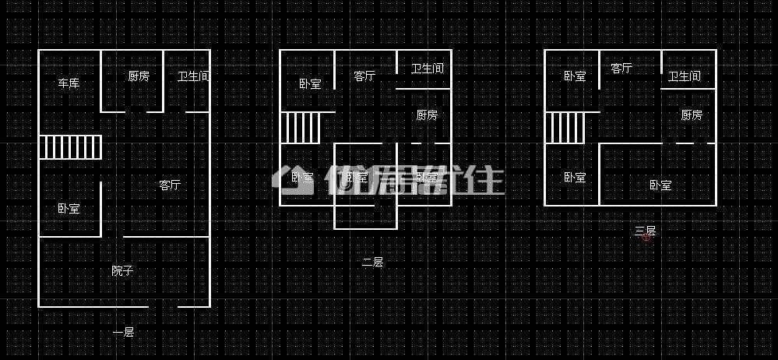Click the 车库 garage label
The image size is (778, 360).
click(69, 83)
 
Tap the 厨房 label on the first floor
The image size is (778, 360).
click(139, 76)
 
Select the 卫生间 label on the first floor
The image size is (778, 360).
click(193, 76)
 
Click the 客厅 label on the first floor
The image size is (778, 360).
click(170, 185)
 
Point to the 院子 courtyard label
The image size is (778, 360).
click(122, 271)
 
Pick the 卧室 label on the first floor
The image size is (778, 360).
click(69, 209)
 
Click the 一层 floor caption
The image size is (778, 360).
click(123, 333)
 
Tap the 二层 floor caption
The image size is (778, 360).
click(372, 263)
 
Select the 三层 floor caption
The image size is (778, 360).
click(645, 231)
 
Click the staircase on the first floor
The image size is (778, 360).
click(71, 146)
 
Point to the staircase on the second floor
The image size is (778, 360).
click(300, 128)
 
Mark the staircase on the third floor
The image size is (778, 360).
click(565, 128)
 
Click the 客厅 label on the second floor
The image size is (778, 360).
click(364, 76)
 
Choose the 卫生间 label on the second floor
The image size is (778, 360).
click(427, 69)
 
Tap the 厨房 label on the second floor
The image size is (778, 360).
click(426, 115)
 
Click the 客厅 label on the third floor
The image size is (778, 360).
click(621, 69)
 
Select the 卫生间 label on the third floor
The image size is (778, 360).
click(684, 76)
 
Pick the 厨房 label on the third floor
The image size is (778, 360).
click(692, 115)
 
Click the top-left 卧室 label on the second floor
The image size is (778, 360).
click(310, 84)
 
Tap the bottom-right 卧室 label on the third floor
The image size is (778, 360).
click(660, 185)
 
